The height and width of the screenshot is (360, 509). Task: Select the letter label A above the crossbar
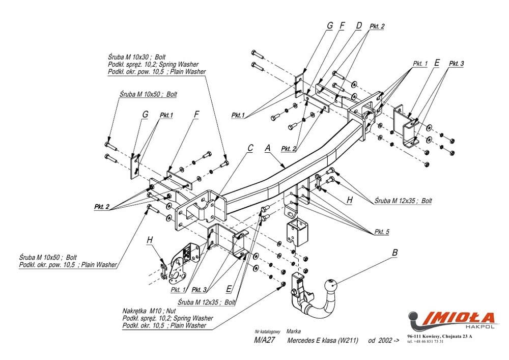(x=268, y=148)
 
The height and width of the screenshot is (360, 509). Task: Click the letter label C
(x=250, y=148)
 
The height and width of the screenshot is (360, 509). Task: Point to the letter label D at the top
(x=359, y=25)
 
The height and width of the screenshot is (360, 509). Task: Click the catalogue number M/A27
(x=264, y=340)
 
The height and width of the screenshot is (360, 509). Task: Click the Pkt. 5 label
(x=382, y=232)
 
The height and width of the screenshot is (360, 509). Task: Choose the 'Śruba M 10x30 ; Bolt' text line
(x=140, y=58)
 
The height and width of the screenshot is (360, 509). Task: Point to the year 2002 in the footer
(x=384, y=340)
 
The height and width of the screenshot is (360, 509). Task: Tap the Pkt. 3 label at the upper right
(x=457, y=64)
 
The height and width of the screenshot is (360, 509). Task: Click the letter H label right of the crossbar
(x=349, y=201)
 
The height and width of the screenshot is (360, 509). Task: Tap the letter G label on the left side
(x=145, y=115)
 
